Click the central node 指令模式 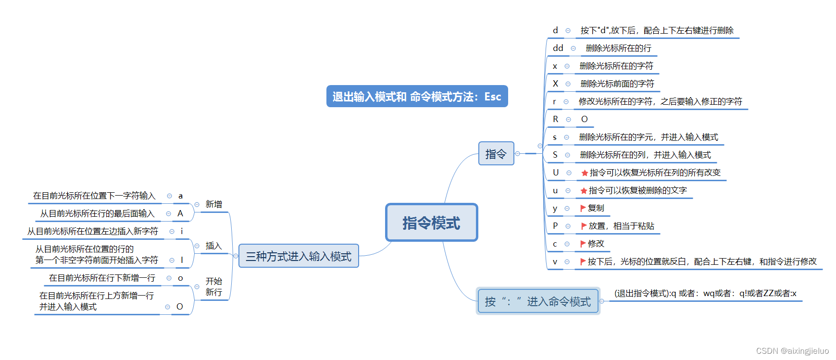[431, 223]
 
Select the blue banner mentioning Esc [417, 97]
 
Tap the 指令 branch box [496, 154]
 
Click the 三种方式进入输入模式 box [299, 256]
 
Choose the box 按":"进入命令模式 [537, 301]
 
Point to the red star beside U [585, 173]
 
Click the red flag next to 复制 [583, 208]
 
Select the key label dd [558, 48]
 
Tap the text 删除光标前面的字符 [617, 84]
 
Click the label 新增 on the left [214, 204]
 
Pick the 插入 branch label [214, 246]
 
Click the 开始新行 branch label [214, 287]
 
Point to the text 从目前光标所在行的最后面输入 [97, 213]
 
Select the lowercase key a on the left [180, 196]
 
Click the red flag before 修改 [583, 244]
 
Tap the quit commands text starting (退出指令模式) [705, 293]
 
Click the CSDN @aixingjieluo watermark [792, 351]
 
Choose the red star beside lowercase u [584, 191]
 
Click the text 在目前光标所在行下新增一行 [102, 278]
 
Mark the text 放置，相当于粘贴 [621, 226]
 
